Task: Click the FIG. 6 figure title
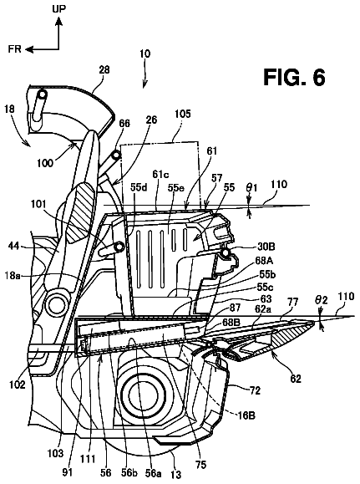[294, 77]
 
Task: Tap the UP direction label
[58, 8]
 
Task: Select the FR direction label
[14, 48]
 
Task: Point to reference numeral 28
[104, 69]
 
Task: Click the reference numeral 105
[183, 114]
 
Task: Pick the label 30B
[266, 247]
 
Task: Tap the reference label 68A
[264, 261]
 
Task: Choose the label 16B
[246, 415]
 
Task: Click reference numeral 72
[255, 390]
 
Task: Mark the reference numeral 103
[55, 453]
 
